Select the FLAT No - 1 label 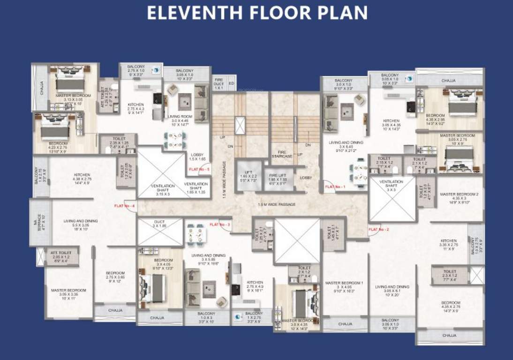tap(335, 187)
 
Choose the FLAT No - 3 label tap(220, 225)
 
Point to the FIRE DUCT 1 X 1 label tap(219, 84)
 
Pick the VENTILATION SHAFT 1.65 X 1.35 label tap(196, 187)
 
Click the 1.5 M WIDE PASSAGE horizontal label tap(276, 204)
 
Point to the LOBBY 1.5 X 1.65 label tap(197, 157)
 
